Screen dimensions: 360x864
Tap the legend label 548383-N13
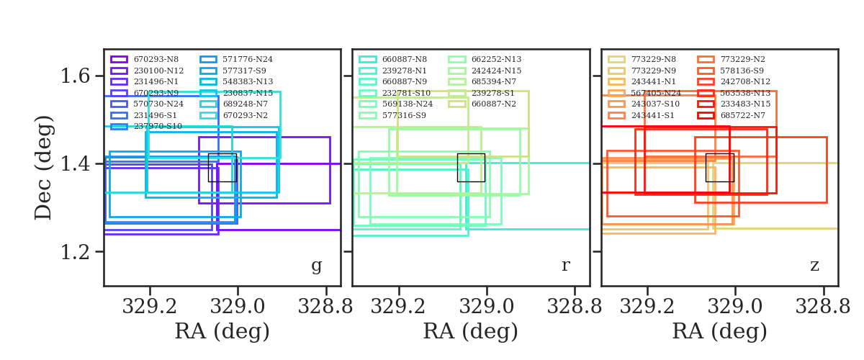click(247, 81)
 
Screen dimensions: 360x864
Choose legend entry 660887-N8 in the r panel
click(404, 59)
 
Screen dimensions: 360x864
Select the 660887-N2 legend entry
click(493, 104)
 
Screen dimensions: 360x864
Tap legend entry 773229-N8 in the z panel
click(652, 59)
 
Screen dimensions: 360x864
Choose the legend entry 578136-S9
click(743, 71)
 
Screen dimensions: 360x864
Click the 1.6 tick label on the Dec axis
click(78, 76)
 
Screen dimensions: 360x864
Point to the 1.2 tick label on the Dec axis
click(78, 252)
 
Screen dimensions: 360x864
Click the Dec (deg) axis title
click(44, 167)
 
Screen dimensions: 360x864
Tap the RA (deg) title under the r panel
click(470, 332)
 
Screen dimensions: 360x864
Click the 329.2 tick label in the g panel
click(150, 306)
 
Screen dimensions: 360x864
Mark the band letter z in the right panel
click(814, 266)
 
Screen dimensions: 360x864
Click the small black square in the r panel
click(471, 167)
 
